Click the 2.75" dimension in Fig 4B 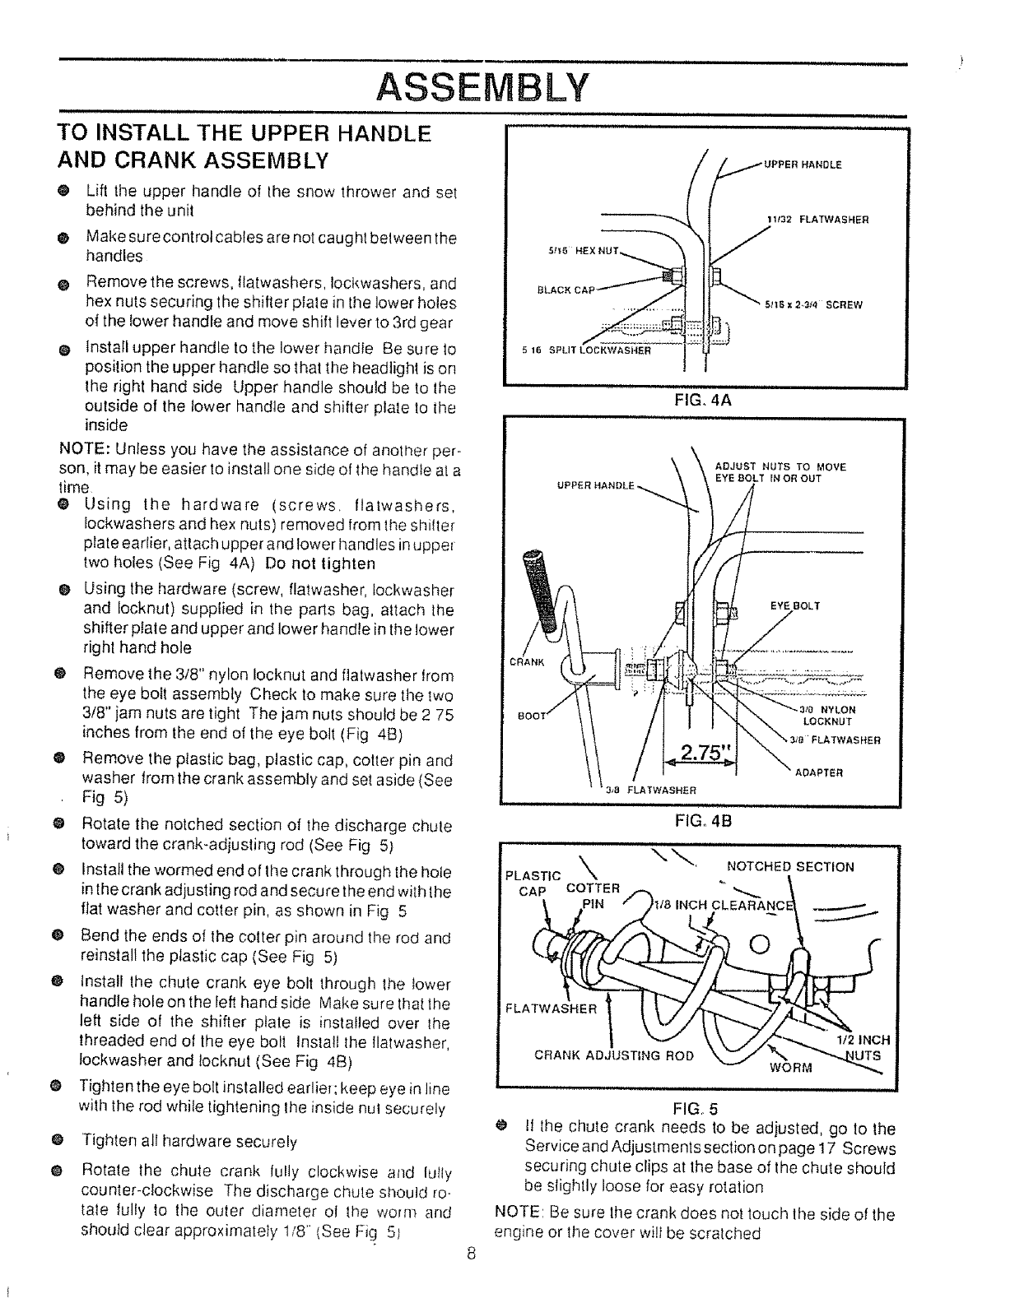coord(699,752)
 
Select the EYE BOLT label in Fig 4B coord(794,606)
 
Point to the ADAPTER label coord(818,772)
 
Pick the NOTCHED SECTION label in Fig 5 coord(790,866)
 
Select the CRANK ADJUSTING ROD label coord(614,1055)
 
